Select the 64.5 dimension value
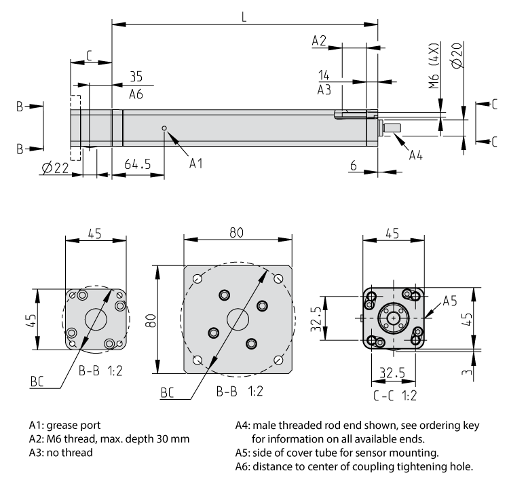(x=138, y=165)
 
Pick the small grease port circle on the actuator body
(x=164, y=128)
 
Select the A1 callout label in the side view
(x=196, y=163)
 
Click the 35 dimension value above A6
(x=136, y=76)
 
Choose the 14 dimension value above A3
(x=324, y=75)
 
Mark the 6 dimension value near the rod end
(x=354, y=165)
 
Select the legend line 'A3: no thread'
(x=61, y=452)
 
